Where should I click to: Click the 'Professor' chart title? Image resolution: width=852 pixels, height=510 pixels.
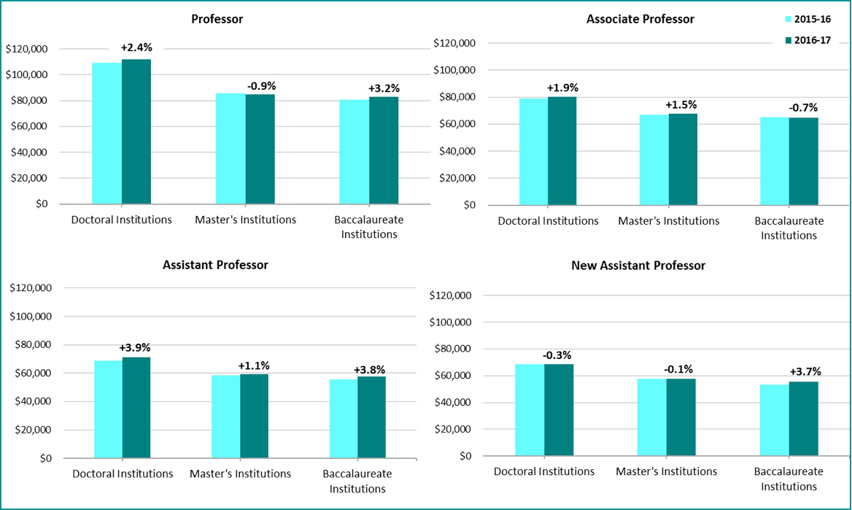click(217, 19)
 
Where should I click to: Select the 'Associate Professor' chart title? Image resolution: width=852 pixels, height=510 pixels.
click(640, 19)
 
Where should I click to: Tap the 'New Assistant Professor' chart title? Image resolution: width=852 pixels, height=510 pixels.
click(638, 266)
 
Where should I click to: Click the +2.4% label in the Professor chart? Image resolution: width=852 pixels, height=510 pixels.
click(136, 47)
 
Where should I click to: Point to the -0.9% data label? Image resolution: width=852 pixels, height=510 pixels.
click(261, 86)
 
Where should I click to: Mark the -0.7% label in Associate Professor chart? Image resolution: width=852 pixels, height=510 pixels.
click(804, 108)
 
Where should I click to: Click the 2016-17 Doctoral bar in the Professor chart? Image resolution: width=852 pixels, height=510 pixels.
click(136, 131)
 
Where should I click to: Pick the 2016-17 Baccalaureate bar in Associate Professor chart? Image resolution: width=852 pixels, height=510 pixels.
click(804, 161)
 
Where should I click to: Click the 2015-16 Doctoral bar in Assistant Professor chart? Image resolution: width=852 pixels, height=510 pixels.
click(108, 409)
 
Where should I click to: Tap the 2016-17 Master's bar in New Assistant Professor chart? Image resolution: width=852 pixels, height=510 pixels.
click(680, 417)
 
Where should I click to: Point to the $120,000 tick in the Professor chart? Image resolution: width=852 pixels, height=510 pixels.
click(26, 49)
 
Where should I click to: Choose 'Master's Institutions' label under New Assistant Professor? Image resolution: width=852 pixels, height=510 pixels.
click(666, 471)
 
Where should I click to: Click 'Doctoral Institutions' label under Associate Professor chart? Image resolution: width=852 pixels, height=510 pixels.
click(548, 220)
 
